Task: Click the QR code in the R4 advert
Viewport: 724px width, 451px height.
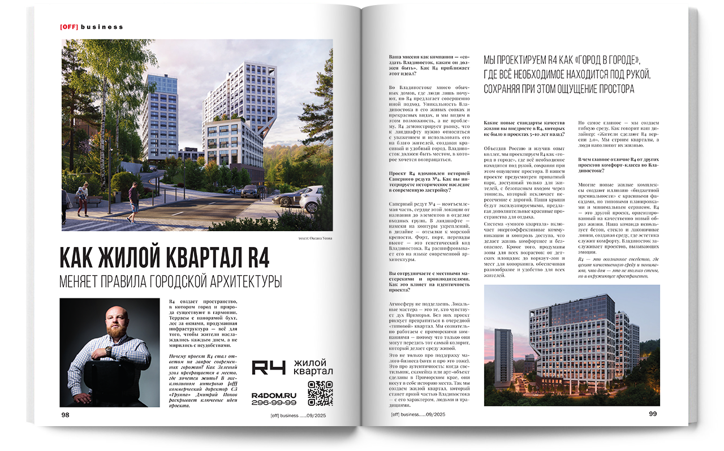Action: (x=320, y=393)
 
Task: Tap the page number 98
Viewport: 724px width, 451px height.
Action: (x=65, y=415)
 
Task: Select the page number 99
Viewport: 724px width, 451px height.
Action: (x=653, y=414)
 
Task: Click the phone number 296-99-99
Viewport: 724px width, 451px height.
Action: (x=274, y=402)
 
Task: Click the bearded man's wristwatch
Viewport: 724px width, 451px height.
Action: (x=108, y=350)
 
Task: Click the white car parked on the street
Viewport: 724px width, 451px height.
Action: (x=310, y=199)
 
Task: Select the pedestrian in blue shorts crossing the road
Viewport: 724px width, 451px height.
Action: (x=133, y=201)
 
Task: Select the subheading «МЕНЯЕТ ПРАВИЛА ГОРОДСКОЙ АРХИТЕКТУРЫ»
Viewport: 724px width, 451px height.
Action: (x=171, y=281)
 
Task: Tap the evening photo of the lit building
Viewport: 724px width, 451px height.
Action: (x=571, y=345)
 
